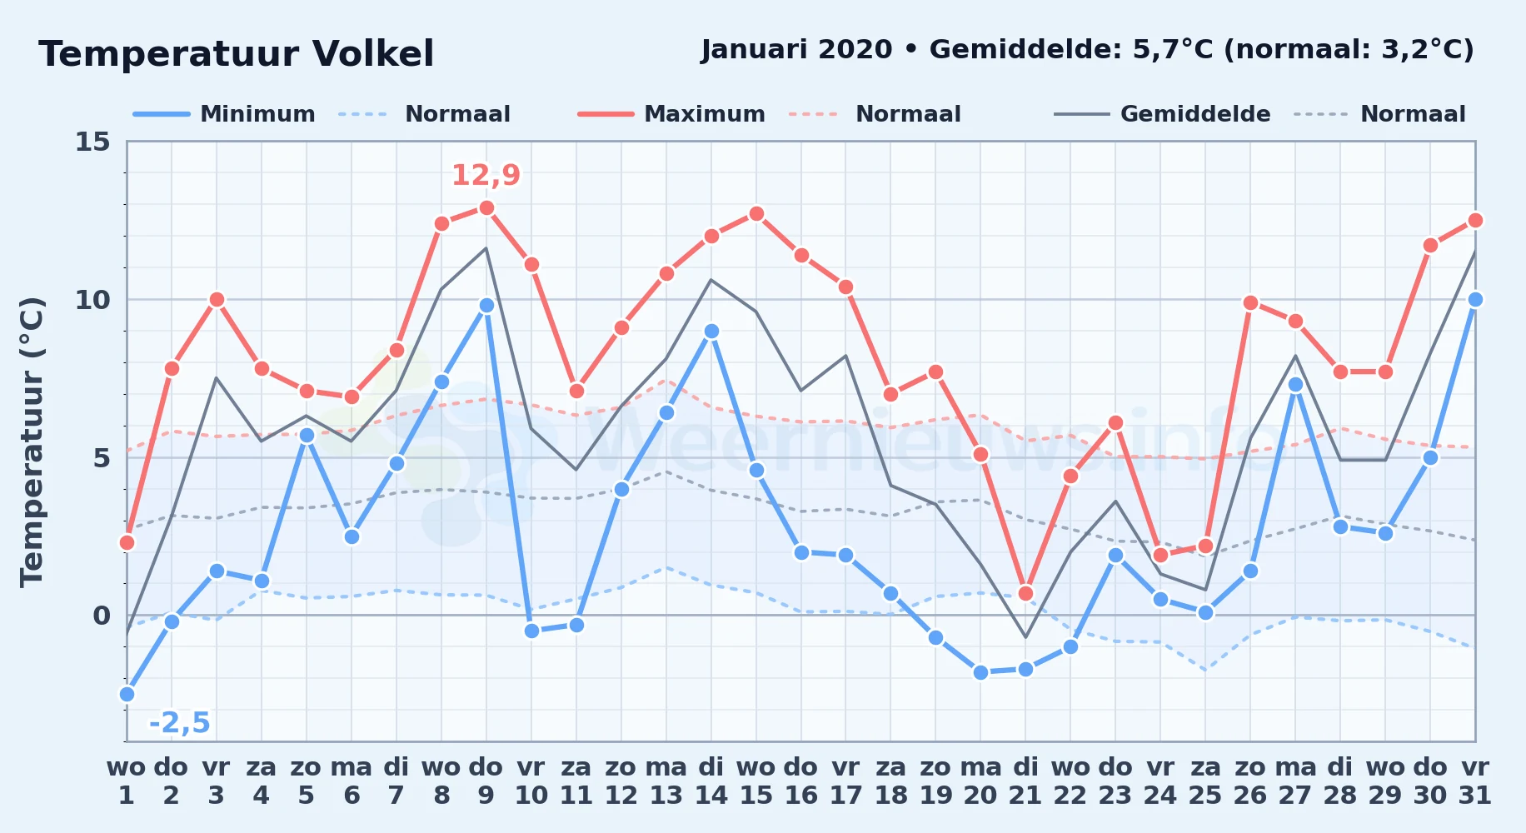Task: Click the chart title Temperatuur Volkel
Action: tap(236, 54)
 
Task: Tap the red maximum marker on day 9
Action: tap(486, 207)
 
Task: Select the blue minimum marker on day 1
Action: tap(127, 694)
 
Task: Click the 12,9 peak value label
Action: tap(486, 176)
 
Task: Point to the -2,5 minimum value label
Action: tap(179, 723)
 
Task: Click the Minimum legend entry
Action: tap(224, 114)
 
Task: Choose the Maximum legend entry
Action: tap(671, 114)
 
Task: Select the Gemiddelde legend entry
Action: tap(1162, 114)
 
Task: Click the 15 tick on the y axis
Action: tap(92, 142)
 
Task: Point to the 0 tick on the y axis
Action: tap(102, 616)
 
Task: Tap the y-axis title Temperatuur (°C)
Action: tap(32, 441)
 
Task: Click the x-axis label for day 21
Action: tap(1025, 781)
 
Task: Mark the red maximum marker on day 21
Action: tap(1025, 593)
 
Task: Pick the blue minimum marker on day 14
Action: tap(711, 331)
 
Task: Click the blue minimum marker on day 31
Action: tap(1475, 299)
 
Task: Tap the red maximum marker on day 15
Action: tap(756, 214)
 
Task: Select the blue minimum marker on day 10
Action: tap(531, 631)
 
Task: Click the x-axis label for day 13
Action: tap(666, 781)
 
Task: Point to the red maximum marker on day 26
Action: tap(1250, 302)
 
